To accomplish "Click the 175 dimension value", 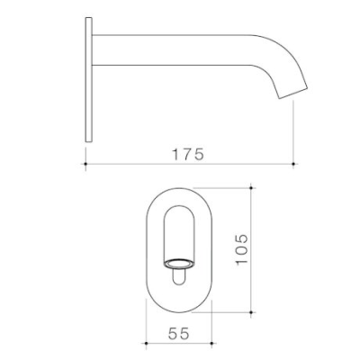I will [188, 154].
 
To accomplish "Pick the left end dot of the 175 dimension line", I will [85, 164].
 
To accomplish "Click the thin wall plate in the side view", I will [87, 81].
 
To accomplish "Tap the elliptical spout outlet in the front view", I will [178, 264].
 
